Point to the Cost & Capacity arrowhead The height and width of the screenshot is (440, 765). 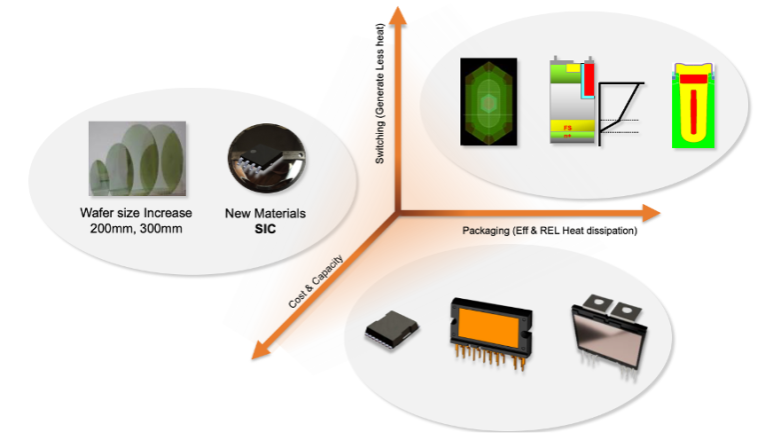[261, 349]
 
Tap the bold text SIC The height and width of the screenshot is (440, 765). [265, 228]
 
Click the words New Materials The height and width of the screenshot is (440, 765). [265, 213]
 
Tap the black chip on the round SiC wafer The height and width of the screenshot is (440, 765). [259, 158]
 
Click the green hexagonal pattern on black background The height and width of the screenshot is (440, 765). [486, 103]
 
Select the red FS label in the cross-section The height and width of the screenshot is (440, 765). [567, 128]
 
